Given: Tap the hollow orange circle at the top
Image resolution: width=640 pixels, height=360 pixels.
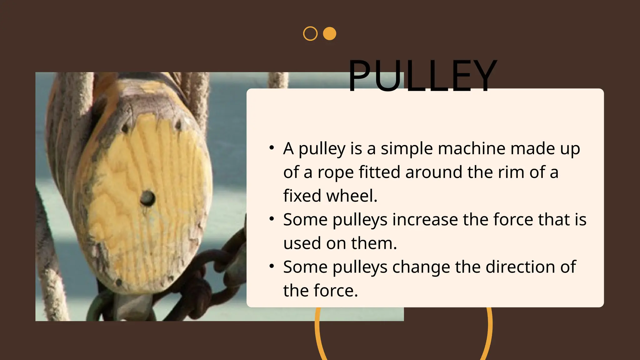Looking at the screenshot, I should pos(310,34).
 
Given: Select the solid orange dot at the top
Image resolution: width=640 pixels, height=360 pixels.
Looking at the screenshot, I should pos(329,34).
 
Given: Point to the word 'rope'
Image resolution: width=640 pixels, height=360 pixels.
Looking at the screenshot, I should pos(335,172).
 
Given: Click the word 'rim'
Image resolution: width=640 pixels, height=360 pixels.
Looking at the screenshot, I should pos(511,172).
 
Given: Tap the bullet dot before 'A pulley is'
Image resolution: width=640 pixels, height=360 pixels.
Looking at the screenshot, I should pos(272,147).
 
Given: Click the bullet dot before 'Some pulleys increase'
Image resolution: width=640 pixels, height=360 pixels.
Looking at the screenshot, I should pos(272,219).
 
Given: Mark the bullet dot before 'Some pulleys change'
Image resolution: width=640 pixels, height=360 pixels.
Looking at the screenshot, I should pos(272,266).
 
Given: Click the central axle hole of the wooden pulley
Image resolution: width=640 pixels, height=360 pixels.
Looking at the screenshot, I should pos(147,198).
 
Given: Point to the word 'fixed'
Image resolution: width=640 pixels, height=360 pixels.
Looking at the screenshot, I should pos(302,196).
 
